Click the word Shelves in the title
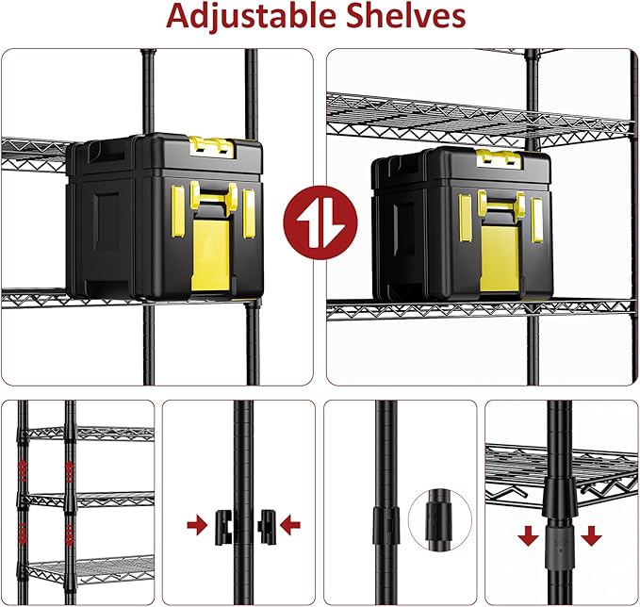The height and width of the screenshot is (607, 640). pos(408,17)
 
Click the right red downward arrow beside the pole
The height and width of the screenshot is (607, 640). pos(591,536)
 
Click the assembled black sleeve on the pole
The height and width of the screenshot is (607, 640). pos(386,521)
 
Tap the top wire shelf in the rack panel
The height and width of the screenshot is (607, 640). pos(90,433)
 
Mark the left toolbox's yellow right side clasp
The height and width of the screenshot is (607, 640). pos(248,215)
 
